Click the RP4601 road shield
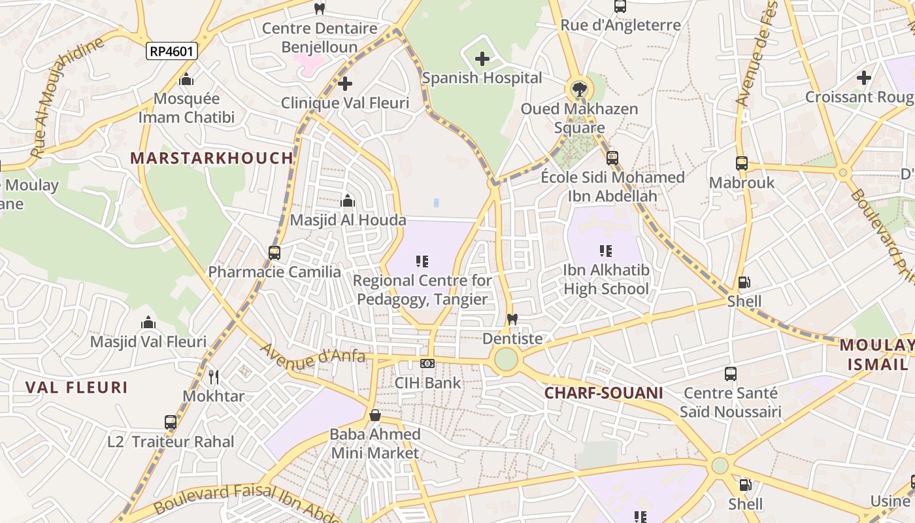[x=172, y=51]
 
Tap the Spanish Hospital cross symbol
[x=482, y=59]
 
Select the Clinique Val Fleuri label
[x=345, y=103]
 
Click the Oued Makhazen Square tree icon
[x=578, y=89]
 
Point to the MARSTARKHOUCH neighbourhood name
[x=212, y=158]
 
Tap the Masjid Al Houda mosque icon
[x=348, y=201]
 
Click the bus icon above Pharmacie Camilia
[x=274, y=252]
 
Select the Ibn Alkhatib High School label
[x=606, y=279]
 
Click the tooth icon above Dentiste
[x=512, y=319]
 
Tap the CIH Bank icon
[x=427, y=363]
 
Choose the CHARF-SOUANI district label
[x=603, y=393]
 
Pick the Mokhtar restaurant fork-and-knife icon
[x=213, y=377]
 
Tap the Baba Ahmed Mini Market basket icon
[x=375, y=415]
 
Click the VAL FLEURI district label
[x=76, y=387]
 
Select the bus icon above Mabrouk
[x=741, y=163]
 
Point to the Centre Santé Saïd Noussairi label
[x=730, y=403]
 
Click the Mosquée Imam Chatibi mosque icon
[x=186, y=79]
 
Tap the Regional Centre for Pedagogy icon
[x=422, y=261]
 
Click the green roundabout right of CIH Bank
[x=506, y=360]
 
